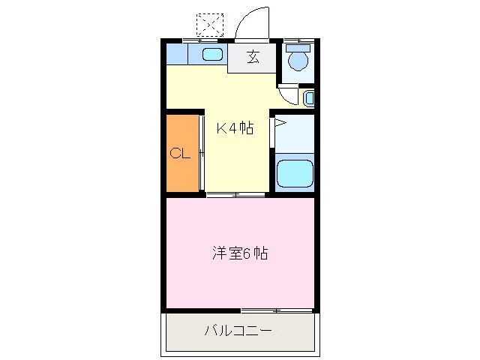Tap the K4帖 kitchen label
click(234, 128)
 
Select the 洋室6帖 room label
click(239, 253)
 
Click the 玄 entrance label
click(253, 58)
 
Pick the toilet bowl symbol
click(298, 57)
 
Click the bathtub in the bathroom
click(294, 174)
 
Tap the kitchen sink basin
click(212, 55)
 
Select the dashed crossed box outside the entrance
click(209, 24)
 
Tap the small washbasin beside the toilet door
click(309, 97)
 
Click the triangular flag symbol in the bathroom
click(278, 124)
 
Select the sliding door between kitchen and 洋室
click(235, 195)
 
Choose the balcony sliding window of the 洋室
click(276, 309)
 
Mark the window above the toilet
click(298, 39)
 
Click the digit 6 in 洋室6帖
click(246, 253)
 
